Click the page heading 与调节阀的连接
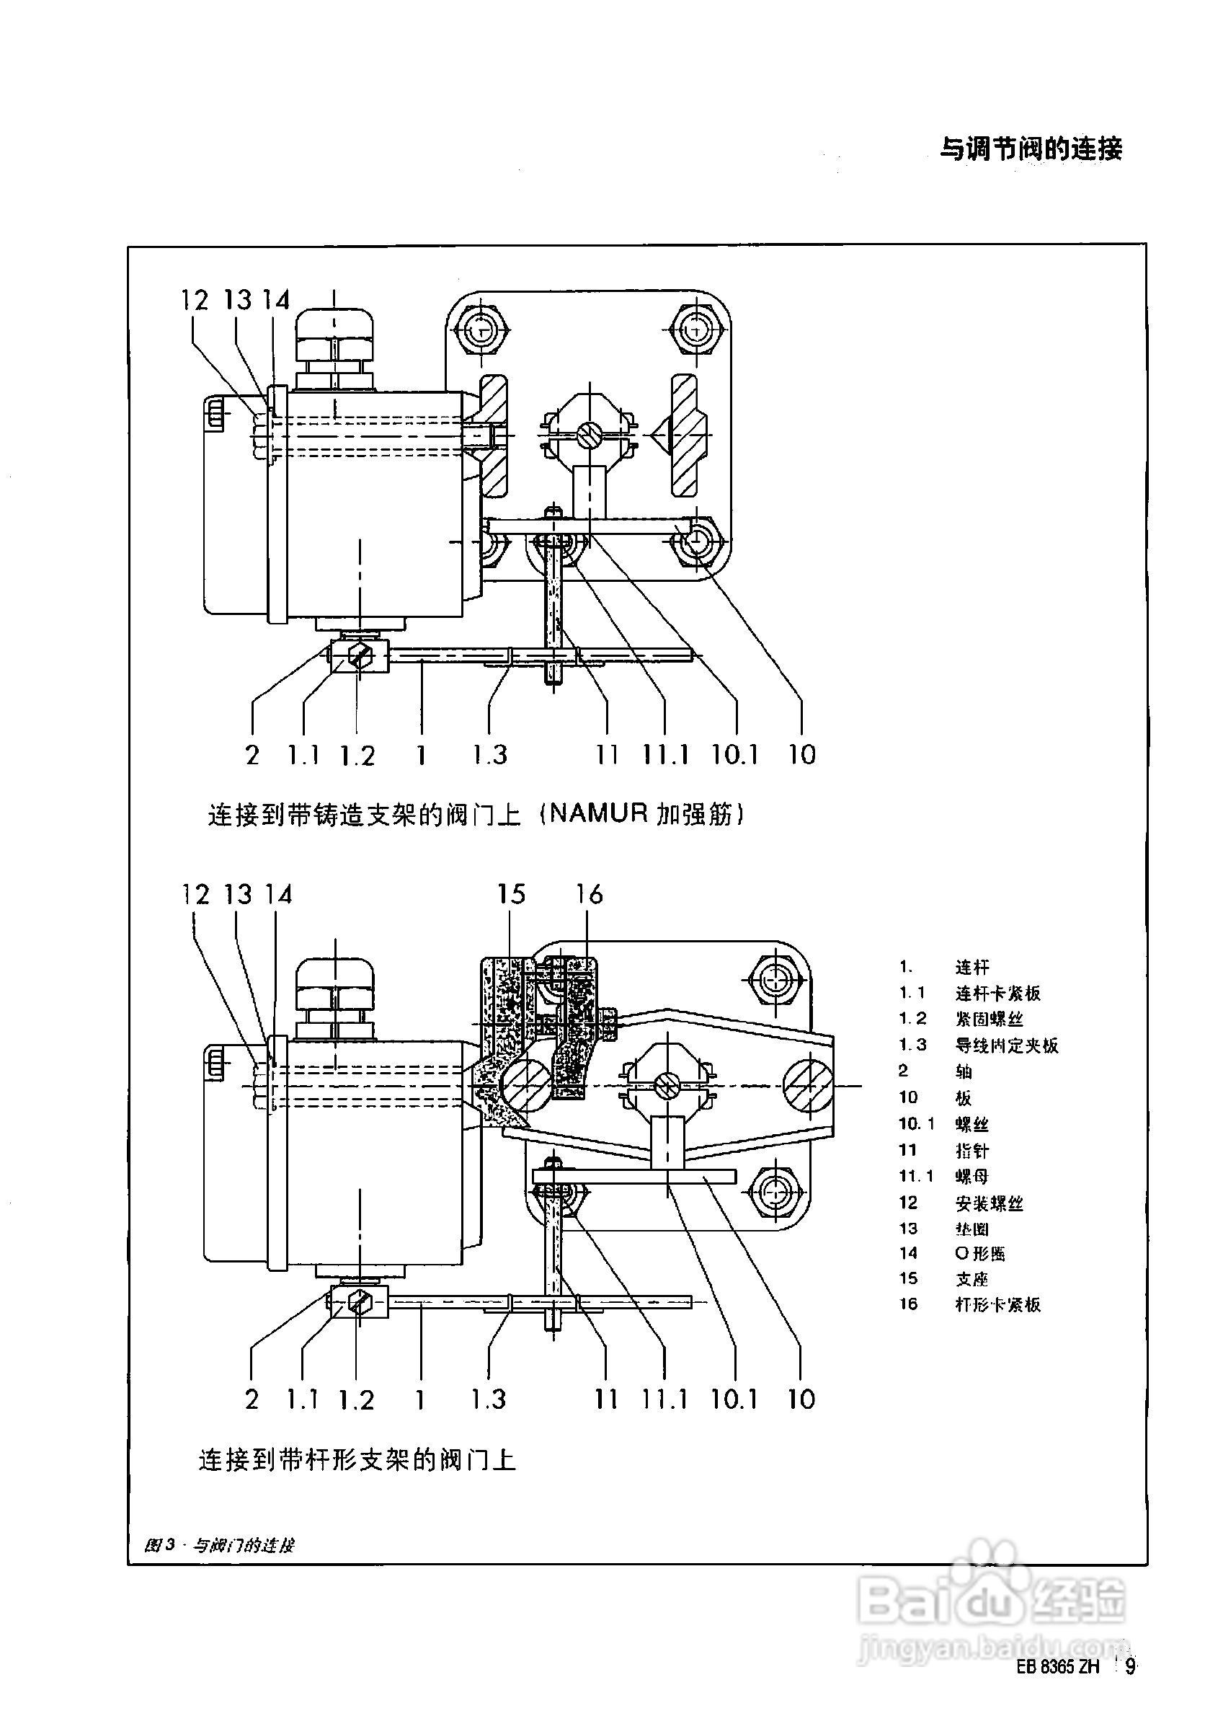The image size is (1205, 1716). (1030, 149)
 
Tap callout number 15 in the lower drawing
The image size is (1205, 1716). (512, 895)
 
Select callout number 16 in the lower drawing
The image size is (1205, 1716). (590, 895)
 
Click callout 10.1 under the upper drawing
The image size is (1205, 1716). (734, 754)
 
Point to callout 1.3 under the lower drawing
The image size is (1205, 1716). (489, 1399)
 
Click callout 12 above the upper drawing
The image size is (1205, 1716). (195, 301)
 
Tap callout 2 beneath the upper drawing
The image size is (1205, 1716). (252, 755)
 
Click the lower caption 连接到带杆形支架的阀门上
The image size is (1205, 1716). (357, 1459)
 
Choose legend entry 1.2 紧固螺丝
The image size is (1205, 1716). (971, 1019)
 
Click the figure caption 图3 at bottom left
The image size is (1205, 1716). (220, 1545)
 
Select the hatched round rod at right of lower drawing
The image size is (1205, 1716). (807, 1084)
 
